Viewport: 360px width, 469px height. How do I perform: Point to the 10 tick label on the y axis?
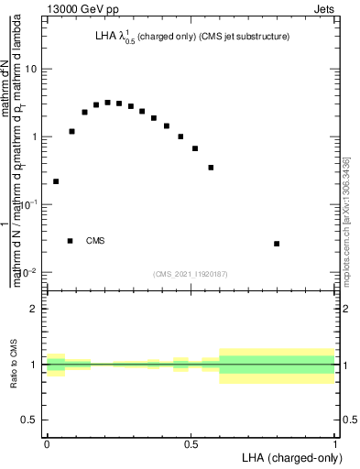[x=31, y=70]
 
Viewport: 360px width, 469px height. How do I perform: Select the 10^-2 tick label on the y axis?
[x=28, y=273]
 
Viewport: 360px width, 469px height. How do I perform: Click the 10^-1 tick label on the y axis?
[x=28, y=205]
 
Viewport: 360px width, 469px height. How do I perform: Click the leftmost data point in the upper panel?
[x=56, y=181]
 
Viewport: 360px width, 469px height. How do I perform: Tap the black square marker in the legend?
[x=70, y=241]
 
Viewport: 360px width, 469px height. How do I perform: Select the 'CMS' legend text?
[x=95, y=241]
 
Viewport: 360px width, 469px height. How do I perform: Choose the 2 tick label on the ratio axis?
[x=34, y=309]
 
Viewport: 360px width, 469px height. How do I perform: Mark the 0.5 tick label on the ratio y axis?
[x=30, y=420]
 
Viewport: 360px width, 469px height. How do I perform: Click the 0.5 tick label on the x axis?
[x=191, y=444]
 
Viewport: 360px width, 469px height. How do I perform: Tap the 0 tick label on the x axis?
[x=47, y=444]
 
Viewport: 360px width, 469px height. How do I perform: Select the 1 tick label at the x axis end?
[x=335, y=444]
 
